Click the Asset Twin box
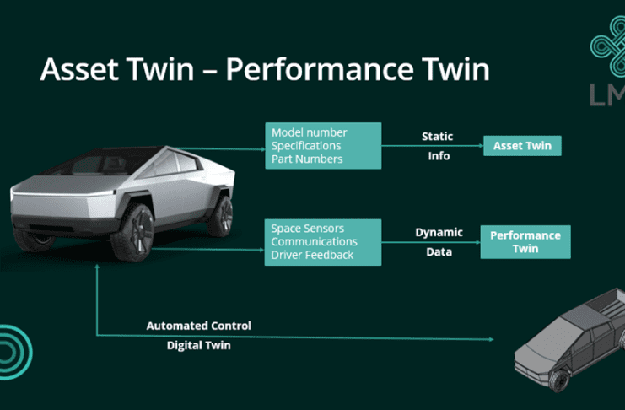[522, 146]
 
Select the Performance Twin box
[525, 241]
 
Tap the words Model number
[309, 132]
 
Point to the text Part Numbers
[307, 159]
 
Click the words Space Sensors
[307, 228]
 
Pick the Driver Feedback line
[312, 255]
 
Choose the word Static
[437, 137]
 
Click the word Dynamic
[439, 232]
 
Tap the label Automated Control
[199, 326]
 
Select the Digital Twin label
[198, 345]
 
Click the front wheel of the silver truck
[136, 232]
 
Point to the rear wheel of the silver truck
[221, 215]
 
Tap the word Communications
[314, 241]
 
